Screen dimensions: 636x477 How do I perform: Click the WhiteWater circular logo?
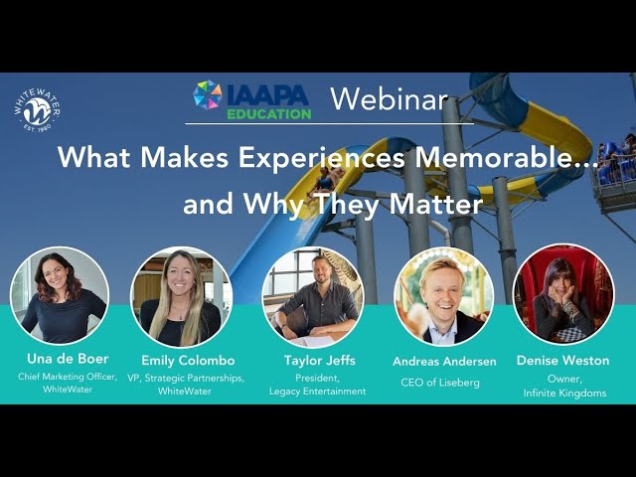pos(38,111)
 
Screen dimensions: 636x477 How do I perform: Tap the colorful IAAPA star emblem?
pos(208,95)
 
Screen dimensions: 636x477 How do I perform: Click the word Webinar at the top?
pos(389,99)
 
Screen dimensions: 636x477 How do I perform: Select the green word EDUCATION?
pos(269,114)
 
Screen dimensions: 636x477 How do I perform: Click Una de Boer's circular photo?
pos(60,296)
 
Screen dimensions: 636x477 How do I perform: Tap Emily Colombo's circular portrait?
pos(181,297)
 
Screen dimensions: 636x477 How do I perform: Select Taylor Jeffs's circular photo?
pos(313,297)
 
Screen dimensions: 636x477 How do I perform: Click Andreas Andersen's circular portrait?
pos(444,296)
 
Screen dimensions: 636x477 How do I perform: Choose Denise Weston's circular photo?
pos(563,294)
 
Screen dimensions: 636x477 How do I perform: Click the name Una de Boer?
pos(68,359)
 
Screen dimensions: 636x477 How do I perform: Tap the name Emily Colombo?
pos(188,360)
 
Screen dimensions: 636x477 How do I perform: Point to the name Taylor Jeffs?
pos(320,360)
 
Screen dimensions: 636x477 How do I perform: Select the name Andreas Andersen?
pos(444,361)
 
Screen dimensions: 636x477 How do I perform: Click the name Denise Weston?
pos(563,360)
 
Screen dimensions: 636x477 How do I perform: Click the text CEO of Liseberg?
pos(440,382)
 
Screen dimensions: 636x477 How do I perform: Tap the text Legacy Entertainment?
pos(318,391)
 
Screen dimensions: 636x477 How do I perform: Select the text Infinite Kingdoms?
pos(564,393)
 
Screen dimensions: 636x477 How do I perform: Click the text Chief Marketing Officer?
pos(68,377)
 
